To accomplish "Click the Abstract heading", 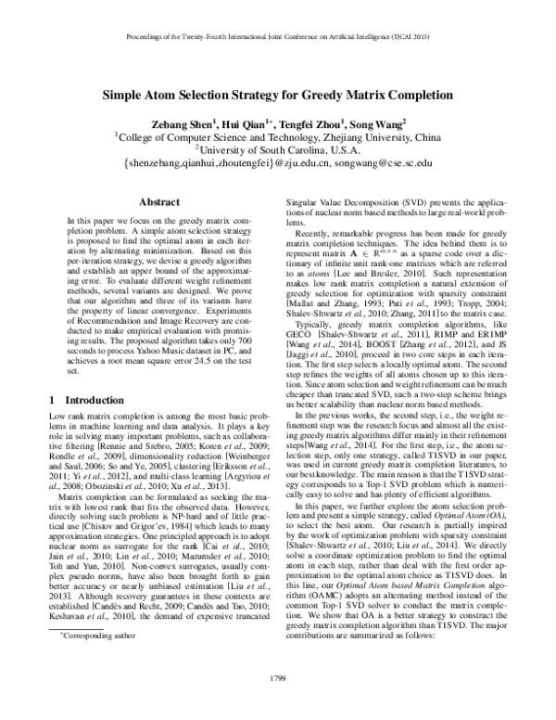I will tap(158, 200).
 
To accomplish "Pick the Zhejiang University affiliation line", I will tap(278, 135).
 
